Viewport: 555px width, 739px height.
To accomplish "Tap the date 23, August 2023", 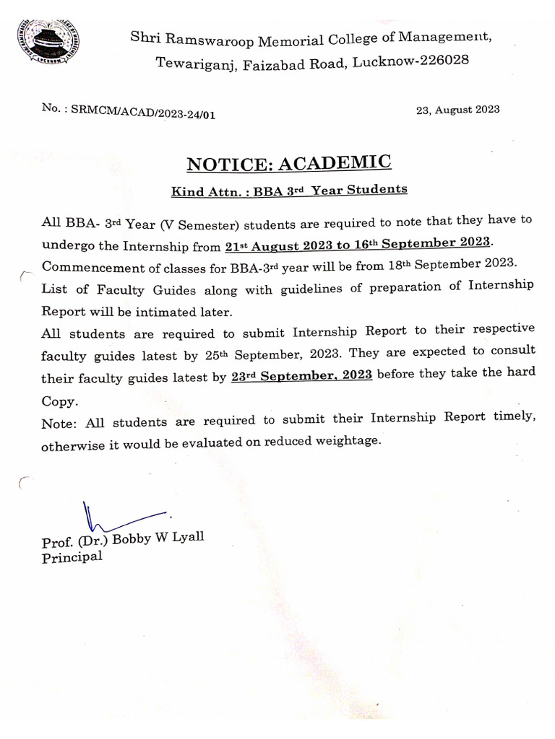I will point(457,110).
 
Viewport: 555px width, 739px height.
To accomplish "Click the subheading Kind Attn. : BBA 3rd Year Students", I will point(289,191).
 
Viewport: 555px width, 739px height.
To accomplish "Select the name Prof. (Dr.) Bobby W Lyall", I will point(123,540).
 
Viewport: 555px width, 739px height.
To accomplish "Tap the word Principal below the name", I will point(72,557).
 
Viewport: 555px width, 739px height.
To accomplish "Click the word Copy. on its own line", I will point(59,401).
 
